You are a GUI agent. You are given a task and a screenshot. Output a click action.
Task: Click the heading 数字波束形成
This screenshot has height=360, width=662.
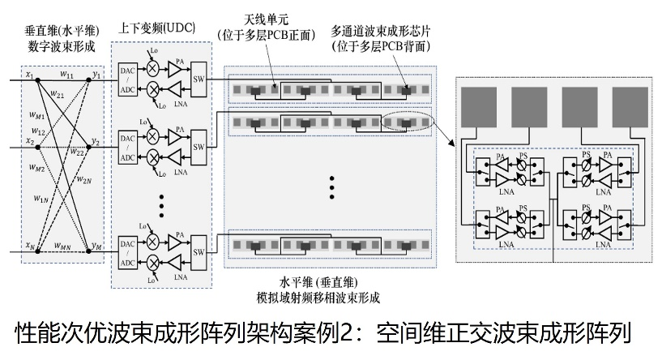click(x=62, y=46)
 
